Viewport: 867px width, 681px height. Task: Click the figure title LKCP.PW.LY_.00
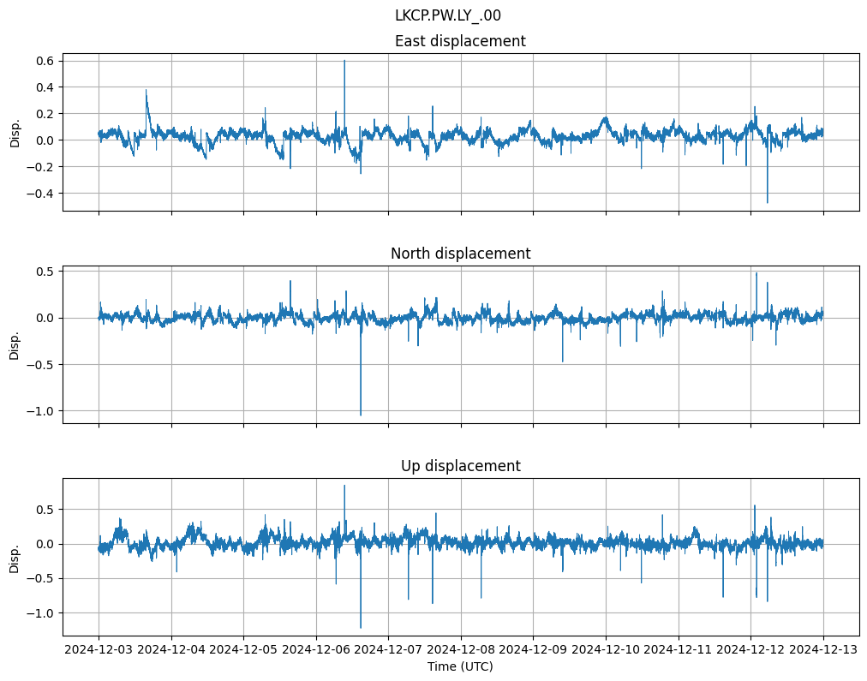(448, 15)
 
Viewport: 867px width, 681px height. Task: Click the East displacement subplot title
(460, 41)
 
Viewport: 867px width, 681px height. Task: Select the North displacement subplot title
(460, 254)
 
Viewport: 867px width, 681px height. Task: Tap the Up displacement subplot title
(460, 466)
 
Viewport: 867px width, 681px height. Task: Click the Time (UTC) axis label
(460, 666)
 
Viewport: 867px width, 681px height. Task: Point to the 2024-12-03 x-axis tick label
(99, 650)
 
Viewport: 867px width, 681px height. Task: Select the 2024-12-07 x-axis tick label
(388, 650)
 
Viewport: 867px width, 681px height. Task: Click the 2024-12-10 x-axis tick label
(606, 650)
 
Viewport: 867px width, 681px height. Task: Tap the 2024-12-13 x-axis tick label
(823, 650)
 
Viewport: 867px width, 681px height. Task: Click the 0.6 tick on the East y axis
(45, 61)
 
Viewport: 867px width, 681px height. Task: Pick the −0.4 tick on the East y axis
(41, 194)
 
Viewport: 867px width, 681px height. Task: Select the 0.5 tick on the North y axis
(45, 272)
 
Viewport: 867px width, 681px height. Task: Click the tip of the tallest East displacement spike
(344, 60)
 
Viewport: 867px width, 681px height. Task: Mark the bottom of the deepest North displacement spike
(361, 415)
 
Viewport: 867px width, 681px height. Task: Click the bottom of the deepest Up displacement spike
(361, 628)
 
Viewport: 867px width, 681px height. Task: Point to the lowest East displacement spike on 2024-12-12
(767, 203)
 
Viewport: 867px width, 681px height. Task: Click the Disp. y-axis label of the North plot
(15, 344)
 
